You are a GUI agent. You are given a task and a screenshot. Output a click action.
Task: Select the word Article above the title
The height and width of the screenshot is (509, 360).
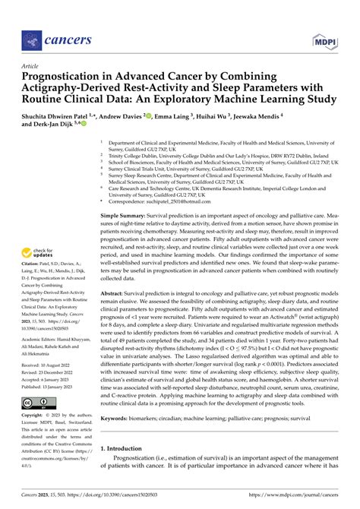tap(30, 66)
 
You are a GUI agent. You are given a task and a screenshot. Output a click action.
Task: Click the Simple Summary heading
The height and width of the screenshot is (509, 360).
tap(125, 216)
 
